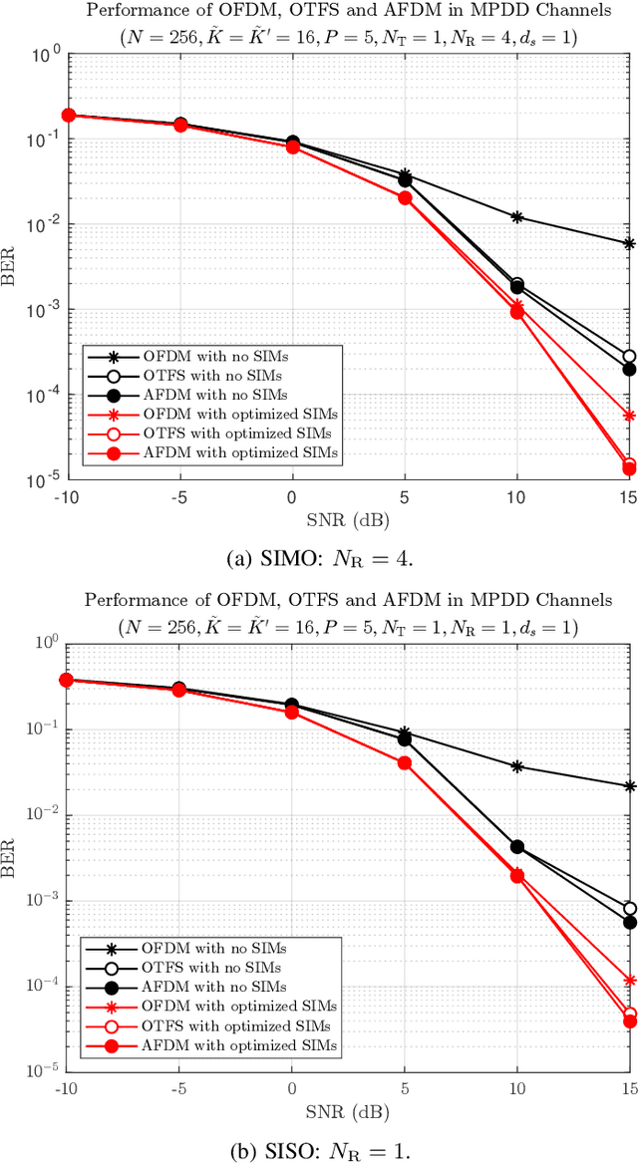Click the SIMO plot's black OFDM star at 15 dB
pyautogui.click(x=629, y=243)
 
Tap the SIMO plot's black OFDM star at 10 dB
pyautogui.click(x=516, y=216)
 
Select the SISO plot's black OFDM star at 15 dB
pyautogui.click(x=629, y=786)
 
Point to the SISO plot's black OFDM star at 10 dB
pyautogui.click(x=516, y=766)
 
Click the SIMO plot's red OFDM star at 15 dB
pyautogui.click(x=629, y=416)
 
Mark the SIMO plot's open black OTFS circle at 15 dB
pyautogui.click(x=629, y=357)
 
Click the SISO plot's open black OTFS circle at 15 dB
pyautogui.click(x=629, y=909)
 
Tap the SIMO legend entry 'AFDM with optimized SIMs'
pyautogui.click(x=250, y=452)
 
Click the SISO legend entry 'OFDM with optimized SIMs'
pyautogui.click(x=250, y=1007)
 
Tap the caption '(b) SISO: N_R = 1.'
pyautogui.click(x=319, y=1146)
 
